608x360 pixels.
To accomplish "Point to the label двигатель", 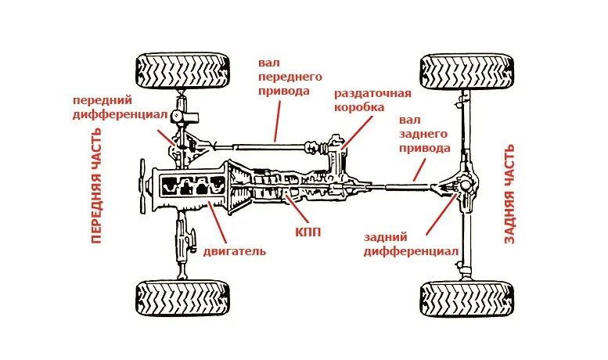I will [x=235, y=251].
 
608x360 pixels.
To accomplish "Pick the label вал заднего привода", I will [x=424, y=134].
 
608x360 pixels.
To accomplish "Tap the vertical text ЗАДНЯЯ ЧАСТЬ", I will [x=509, y=193].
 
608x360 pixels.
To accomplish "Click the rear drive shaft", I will [x=399, y=186].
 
